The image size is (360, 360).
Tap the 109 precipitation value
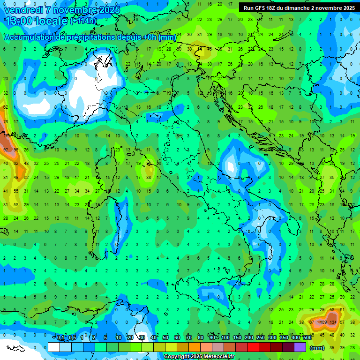(323, 322)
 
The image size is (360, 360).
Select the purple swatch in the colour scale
(300, 347)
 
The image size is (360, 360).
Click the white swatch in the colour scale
(54, 347)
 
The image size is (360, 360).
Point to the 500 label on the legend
(307, 338)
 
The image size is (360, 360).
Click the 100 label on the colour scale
(225, 338)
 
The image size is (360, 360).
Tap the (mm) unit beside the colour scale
(318, 347)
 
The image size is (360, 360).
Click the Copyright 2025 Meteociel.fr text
(199, 357)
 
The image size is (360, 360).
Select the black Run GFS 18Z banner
(299, 7)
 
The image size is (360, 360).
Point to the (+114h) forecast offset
(83, 21)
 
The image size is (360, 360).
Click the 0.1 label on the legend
(60, 338)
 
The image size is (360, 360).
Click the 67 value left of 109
(312, 322)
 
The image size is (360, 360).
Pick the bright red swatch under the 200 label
(253, 347)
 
